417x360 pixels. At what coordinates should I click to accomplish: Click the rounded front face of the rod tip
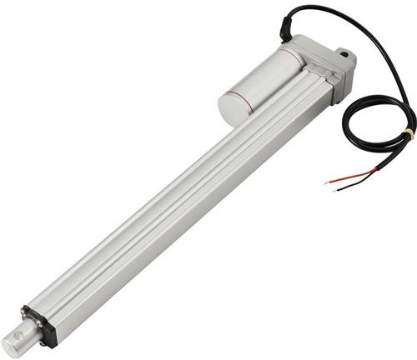coord(11,345)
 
